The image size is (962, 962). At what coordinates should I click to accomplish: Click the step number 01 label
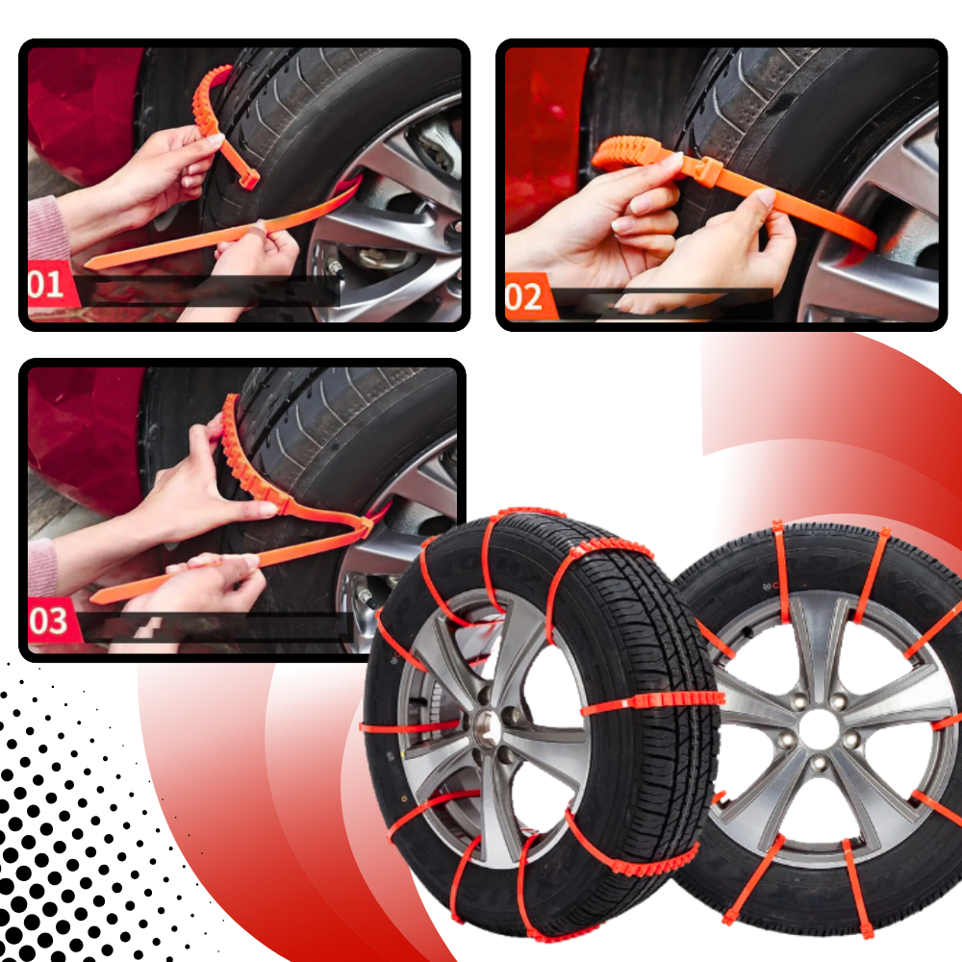(46, 285)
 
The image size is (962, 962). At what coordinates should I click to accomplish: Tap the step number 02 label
(524, 297)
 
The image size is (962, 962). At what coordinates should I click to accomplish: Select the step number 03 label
(48, 621)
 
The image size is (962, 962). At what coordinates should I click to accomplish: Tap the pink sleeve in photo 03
(42, 568)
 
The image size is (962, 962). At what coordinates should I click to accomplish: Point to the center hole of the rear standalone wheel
(819, 729)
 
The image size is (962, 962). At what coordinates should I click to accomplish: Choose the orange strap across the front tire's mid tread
(654, 700)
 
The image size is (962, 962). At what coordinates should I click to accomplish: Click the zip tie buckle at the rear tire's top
(777, 526)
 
